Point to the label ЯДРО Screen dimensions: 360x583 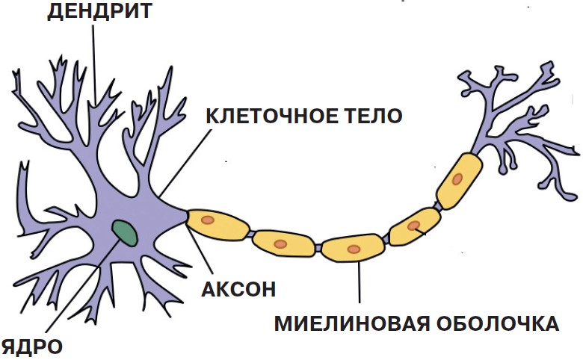click(x=32, y=346)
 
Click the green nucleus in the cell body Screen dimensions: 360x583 click(x=125, y=233)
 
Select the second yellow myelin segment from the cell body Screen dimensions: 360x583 click(x=284, y=243)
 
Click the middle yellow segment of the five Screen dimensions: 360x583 click(x=353, y=248)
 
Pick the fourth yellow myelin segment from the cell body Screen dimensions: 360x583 click(x=416, y=227)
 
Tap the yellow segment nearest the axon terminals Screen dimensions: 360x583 click(x=458, y=180)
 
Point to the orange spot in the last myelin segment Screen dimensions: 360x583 click(x=457, y=179)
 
